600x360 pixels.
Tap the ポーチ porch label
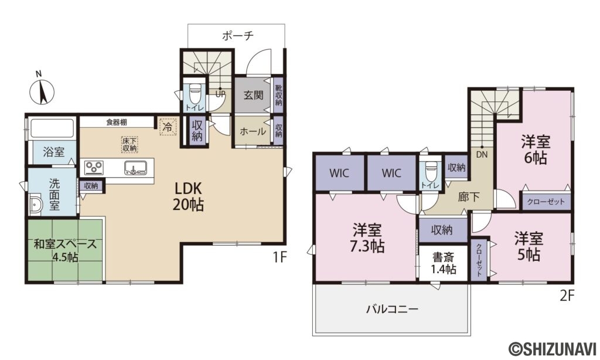click(238, 36)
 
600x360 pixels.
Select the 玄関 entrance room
click(253, 96)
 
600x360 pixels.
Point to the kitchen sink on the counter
click(135, 168)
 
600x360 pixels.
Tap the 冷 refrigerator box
click(168, 127)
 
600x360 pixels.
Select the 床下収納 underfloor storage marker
click(129, 144)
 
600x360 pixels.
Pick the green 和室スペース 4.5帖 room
click(65, 250)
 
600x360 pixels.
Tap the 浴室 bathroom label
click(53, 152)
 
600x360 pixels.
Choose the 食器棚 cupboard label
click(117, 123)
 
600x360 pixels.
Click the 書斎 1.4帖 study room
click(444, 263)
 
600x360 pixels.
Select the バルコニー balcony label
click(392, 308)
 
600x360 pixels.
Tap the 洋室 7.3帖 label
click(367, 238)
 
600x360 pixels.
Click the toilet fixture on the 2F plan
click(431, 171)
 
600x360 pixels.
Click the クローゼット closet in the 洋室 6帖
click(546, 202)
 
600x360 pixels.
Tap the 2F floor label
click(567, 296)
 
